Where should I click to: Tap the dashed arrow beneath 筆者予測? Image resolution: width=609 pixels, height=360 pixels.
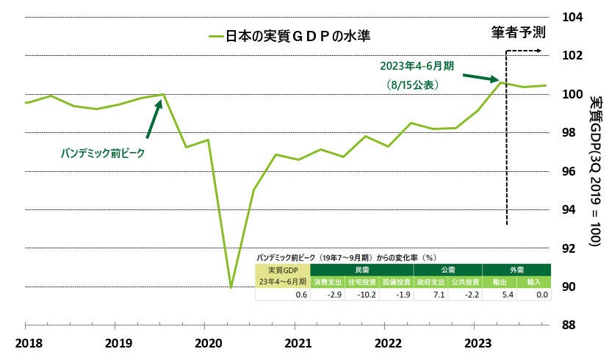[x=525, y=51]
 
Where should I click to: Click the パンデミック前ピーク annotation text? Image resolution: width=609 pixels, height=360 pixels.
[x=102, y=154]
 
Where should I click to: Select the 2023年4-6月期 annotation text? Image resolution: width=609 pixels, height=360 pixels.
[x=417, y=65]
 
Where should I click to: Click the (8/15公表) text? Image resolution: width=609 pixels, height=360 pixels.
[x=412, y=85]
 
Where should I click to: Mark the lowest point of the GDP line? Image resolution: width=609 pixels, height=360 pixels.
[x=231, y=287]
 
